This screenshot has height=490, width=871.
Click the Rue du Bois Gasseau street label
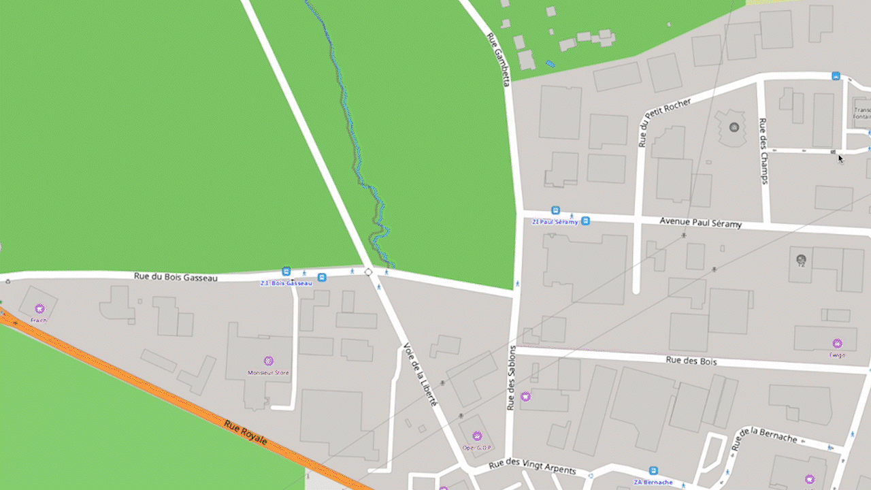click(x=176, y=277)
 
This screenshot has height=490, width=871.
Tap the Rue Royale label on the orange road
click(x=246, y=433)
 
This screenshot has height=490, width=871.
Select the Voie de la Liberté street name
click(x=420, y=374)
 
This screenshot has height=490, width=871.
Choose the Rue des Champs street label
click(x=763, y=151)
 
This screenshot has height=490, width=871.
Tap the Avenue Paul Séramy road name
click(x=700, y=223)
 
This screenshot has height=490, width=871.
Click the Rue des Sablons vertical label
click(x=511, y=377)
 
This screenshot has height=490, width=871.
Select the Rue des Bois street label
click(x=691, y=361)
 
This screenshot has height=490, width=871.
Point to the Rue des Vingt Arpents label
click(x=532, y=467)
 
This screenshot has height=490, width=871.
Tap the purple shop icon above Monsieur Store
click(x=269, y=361)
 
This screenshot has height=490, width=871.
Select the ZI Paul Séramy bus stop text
click(x=555, y=221)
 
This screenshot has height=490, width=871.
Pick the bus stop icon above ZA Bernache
click(x=654, y=470)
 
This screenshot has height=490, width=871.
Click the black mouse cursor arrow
click(x=840, y=159)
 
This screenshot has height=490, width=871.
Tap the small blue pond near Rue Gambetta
click(x=550, y=64)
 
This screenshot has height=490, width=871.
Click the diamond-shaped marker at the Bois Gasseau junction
click(x=368, y=272)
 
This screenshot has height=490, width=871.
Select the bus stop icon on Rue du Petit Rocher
click(x=836, y=76)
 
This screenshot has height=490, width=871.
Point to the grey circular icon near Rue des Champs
click(x=734, y=127)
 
